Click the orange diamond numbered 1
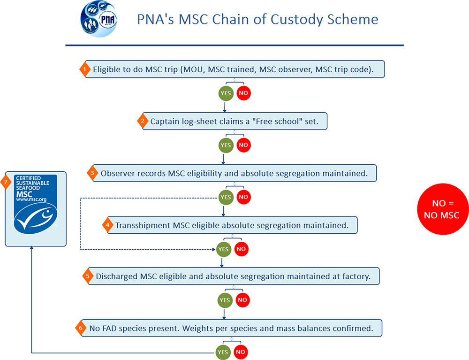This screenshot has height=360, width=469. click(84, 69)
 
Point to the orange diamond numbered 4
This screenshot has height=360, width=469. click(107, 225)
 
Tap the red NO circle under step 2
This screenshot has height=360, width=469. click(243, 145)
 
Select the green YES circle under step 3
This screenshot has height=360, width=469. click(226, 197)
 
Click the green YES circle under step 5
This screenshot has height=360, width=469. click(225, 300)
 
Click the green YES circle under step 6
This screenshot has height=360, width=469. click(223, 352)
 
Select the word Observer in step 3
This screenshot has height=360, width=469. click(116, 173)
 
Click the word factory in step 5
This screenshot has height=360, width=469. click(356, 276)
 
